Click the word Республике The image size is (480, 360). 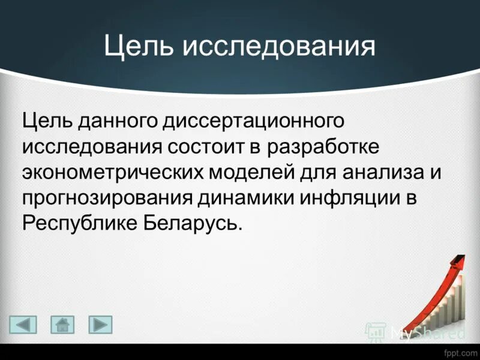click(79, 223)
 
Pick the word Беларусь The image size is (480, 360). click(194, 223)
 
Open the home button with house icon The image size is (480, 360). click(62, 325)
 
